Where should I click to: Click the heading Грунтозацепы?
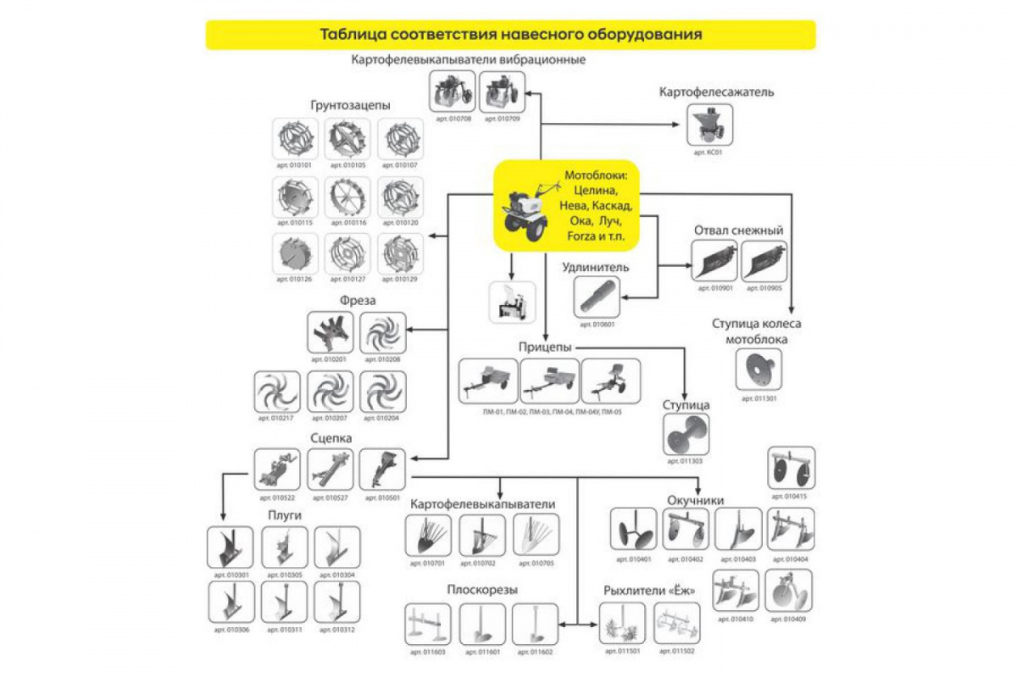pos(351,106)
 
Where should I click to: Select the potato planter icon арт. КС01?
pos(710,125)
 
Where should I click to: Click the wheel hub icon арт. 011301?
pos(759,370)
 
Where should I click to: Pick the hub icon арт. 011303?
pos(686,435)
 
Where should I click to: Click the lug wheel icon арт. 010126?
pos(296,253)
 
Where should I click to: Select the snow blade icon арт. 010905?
pos(764,261)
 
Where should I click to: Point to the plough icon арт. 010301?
pos(230,548)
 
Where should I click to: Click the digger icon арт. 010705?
pos(536,536)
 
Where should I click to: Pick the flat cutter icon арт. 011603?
pos(427,625)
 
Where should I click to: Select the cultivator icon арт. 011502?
pos(677,625)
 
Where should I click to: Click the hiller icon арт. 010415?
pos(792,469)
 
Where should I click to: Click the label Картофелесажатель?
pos(717,92)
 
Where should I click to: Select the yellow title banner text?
pos(511,35)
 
